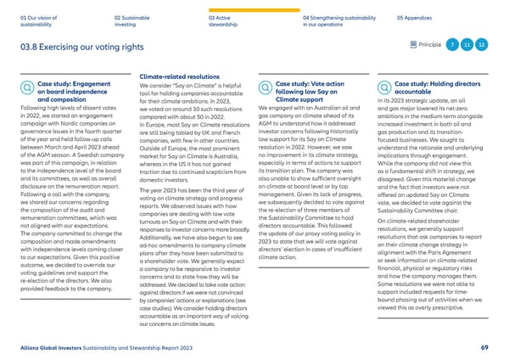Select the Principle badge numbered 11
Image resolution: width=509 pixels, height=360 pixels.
(x=467, y=44)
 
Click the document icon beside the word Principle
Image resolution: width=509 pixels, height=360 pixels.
(x=413, y=44)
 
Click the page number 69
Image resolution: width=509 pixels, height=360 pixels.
(x=483, y=346)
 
